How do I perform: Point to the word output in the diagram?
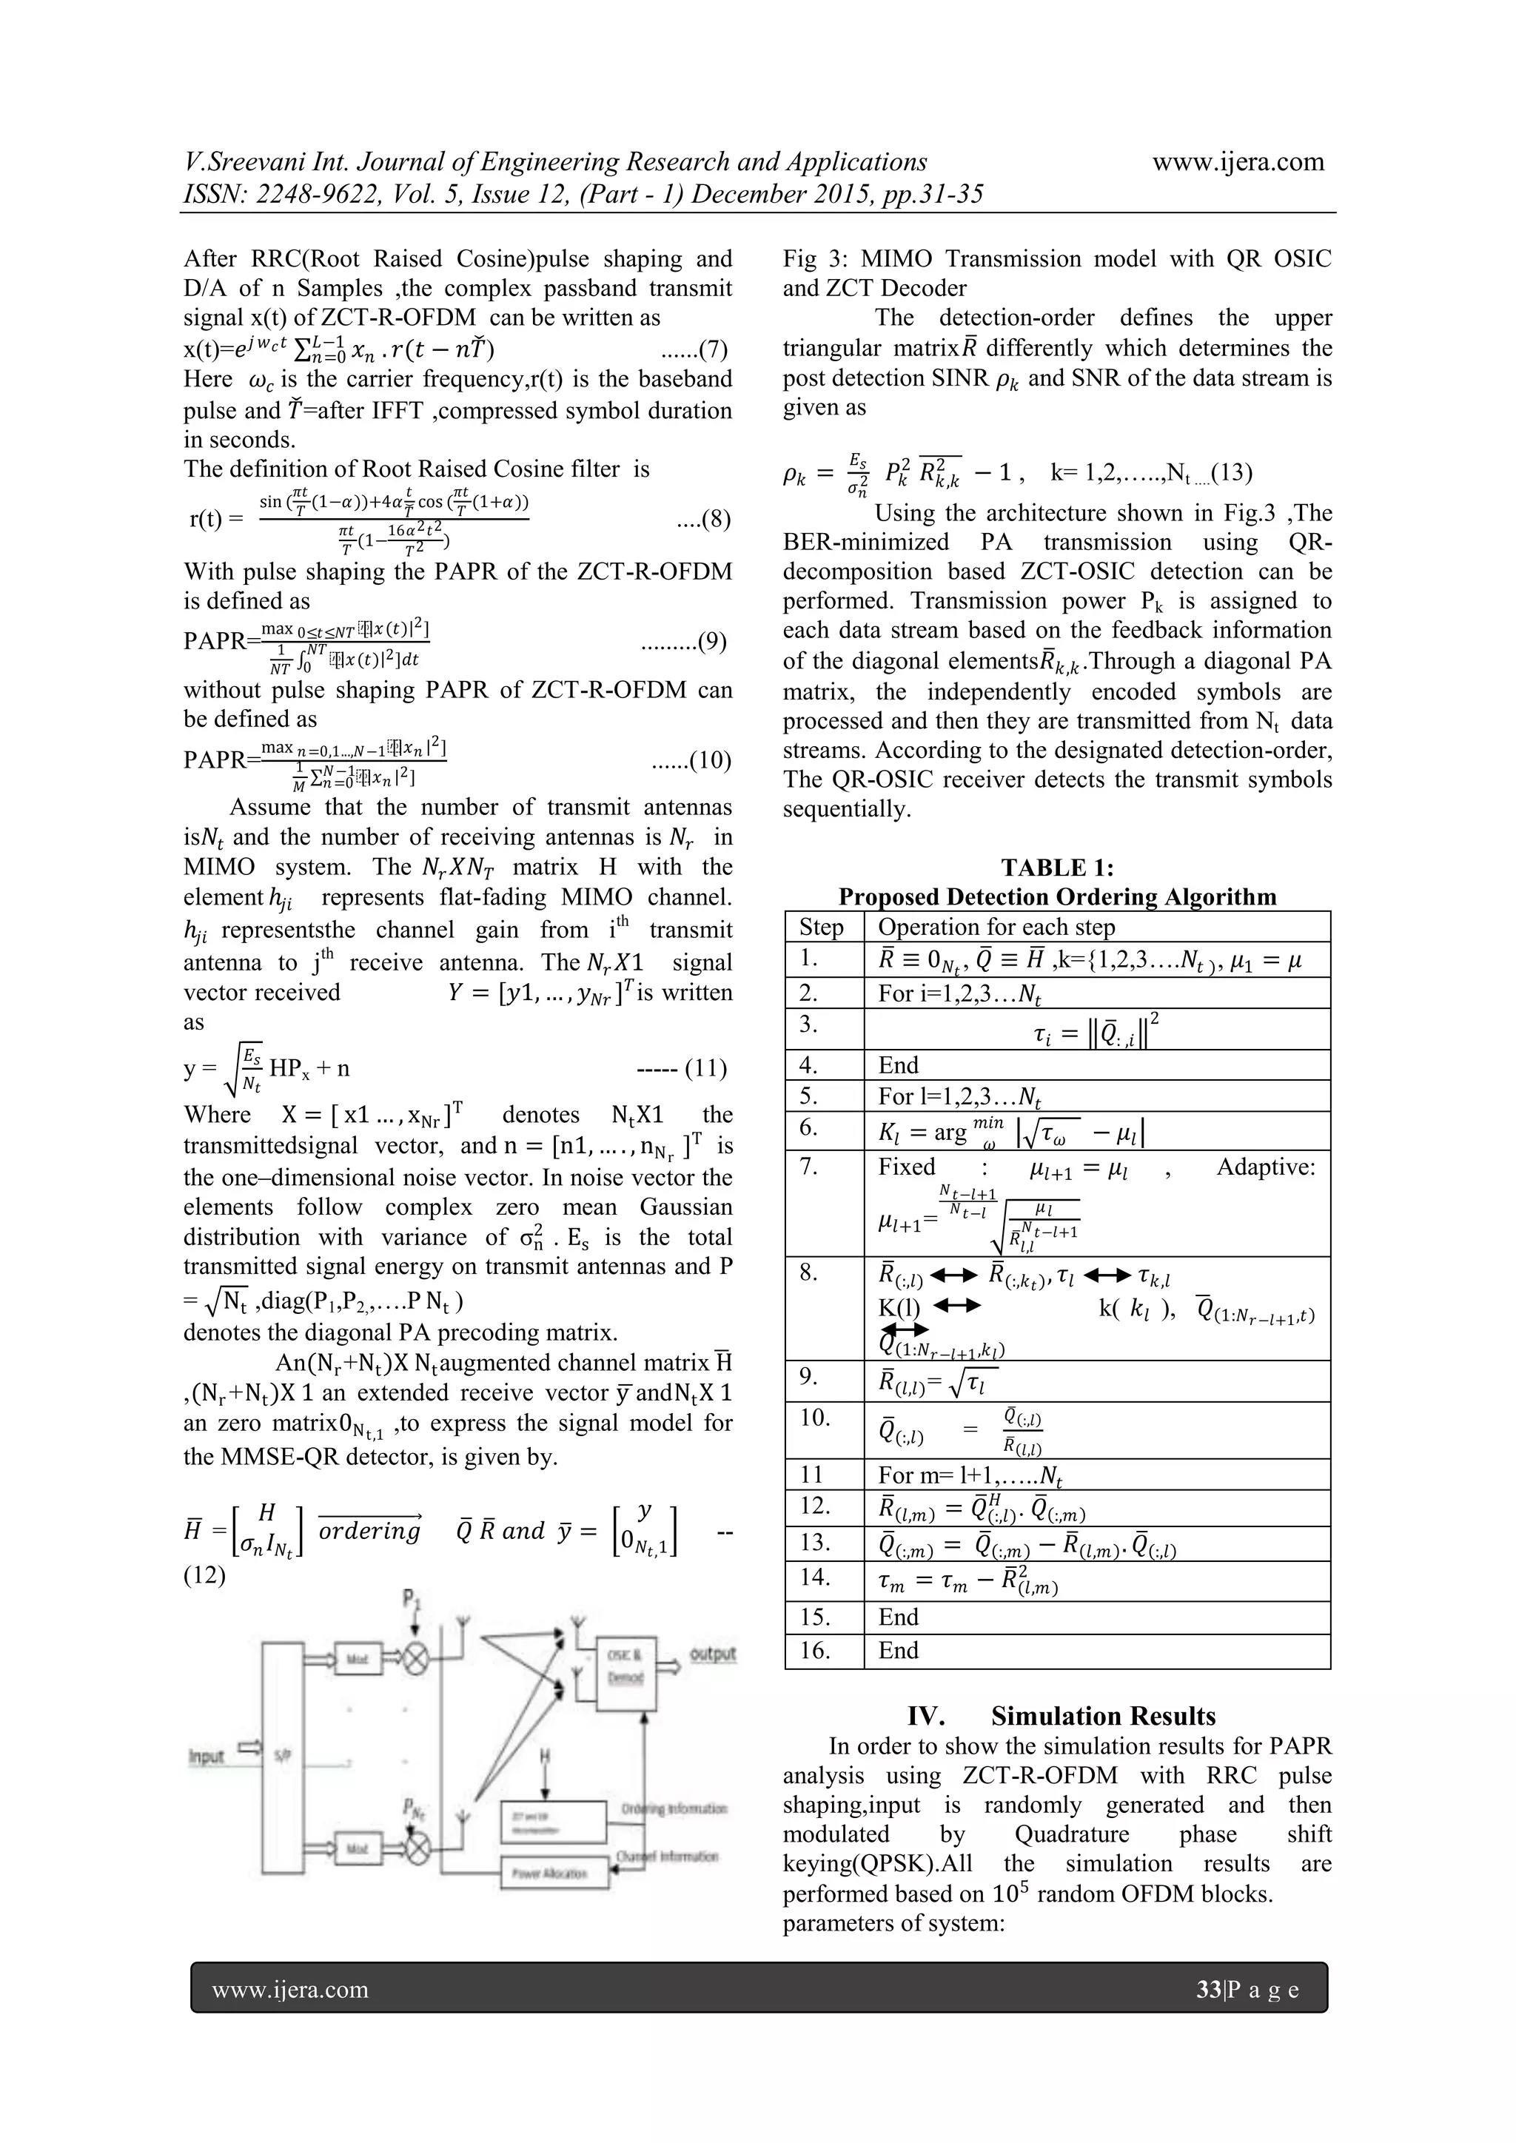pos(712,1654)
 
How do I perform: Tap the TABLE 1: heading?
pos(1057,868)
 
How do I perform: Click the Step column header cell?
pos(822,927)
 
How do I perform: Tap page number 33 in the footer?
pos(1208,1990)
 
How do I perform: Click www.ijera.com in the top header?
pos(1238,161)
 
